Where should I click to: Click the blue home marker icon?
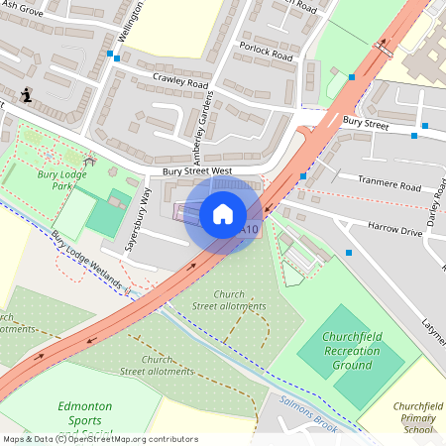tap(223, 213)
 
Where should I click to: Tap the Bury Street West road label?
tap(197, 171)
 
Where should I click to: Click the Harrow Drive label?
tap(394, 229)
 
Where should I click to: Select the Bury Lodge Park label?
tap(58, 179)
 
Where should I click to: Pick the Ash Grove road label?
tap(22, 12)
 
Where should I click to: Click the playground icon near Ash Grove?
tap(26, 97)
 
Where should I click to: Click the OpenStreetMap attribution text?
tap(99, 438)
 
